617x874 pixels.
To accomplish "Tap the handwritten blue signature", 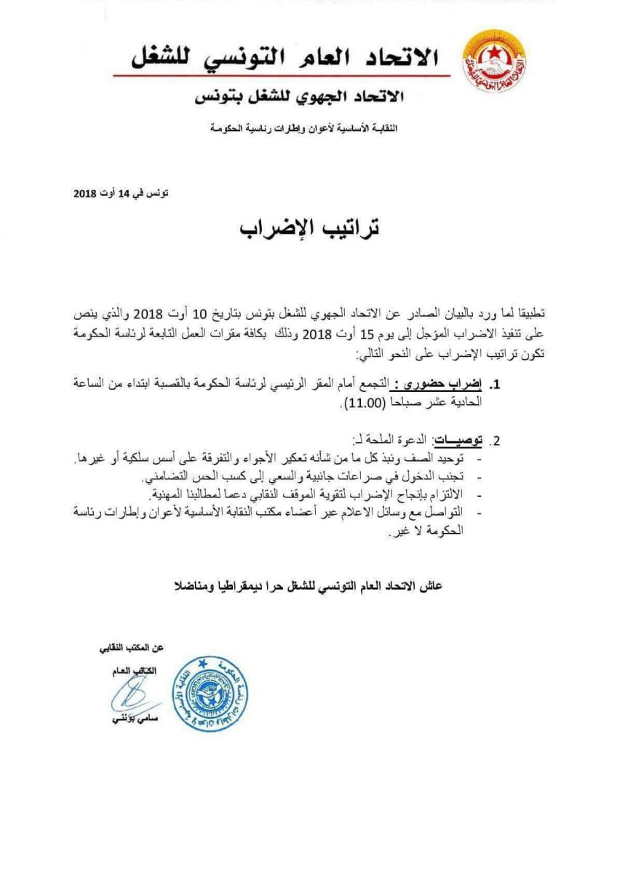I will [x=133, y=690].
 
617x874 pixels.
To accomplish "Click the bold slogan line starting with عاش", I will [x=309, y=586].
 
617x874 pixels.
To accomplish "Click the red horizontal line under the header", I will [x=276, y=75].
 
